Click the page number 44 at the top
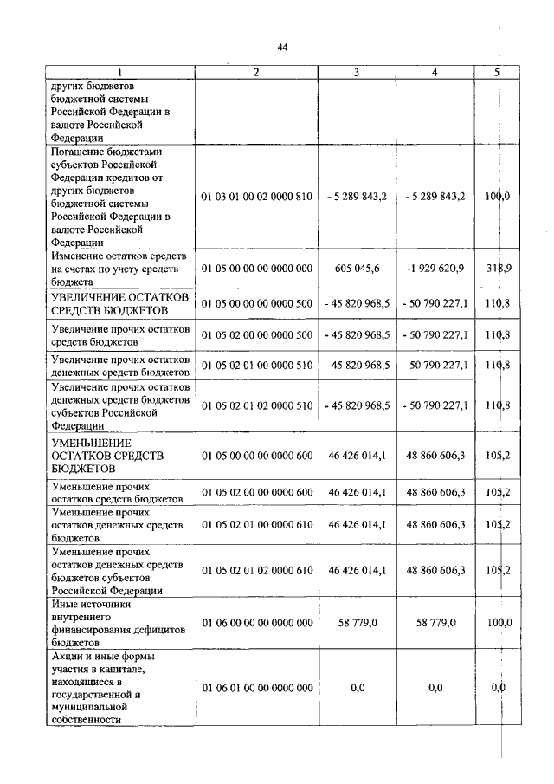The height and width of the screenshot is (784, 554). [282, 48]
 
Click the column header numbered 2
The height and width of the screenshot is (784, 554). [256, 72]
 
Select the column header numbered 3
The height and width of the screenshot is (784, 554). [356, 72]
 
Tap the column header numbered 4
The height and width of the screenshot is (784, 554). [435, 72]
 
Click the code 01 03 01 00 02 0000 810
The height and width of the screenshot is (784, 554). [256, 197]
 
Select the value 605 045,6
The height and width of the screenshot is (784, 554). [356, 269]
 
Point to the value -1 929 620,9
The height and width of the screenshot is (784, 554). [435, 269]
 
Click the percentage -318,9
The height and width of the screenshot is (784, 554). [498, 269]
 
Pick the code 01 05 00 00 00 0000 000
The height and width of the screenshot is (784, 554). [256, 269]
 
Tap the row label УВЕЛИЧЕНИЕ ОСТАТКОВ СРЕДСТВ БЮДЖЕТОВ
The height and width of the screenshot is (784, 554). [119, 303]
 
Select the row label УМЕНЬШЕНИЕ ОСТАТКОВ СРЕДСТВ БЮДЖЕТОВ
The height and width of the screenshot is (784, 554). [108, 456]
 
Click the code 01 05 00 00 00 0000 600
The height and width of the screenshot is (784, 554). [256, 456]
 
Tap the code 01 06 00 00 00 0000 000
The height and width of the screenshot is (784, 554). [256, 622]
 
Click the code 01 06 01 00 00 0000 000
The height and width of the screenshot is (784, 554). [256, 688]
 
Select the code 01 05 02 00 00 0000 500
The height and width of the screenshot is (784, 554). [256, 334]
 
